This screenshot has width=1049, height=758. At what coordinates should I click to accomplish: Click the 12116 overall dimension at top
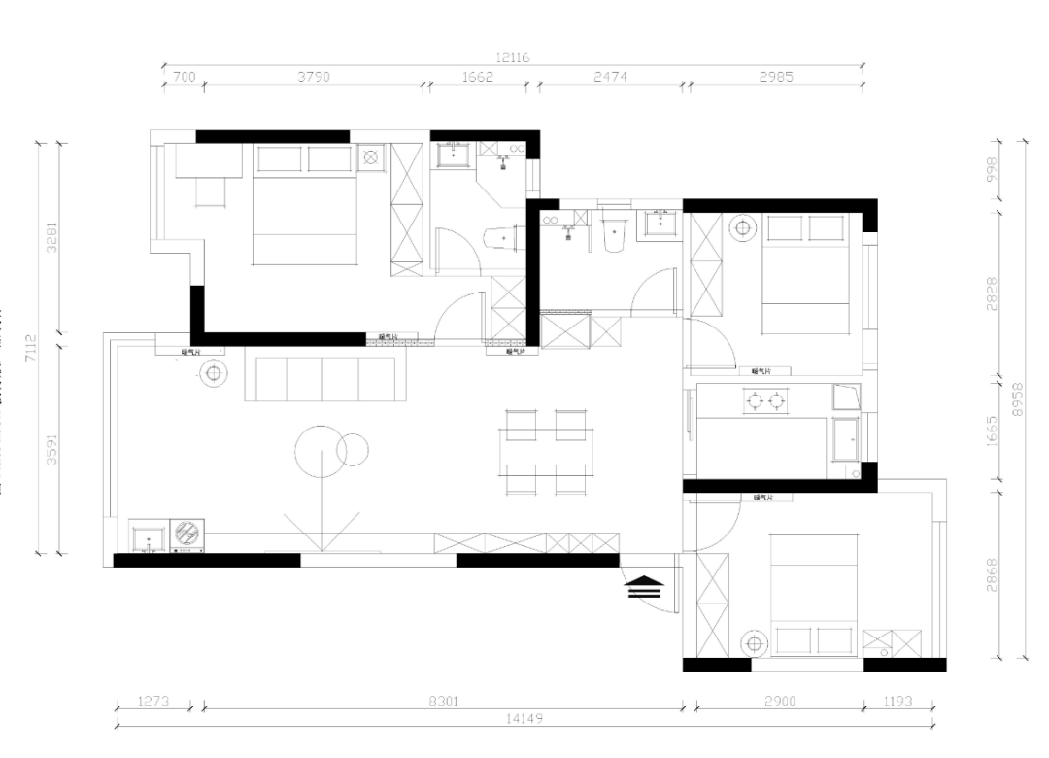point(512,58)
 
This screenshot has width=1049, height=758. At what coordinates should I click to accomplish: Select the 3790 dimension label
point(314,77)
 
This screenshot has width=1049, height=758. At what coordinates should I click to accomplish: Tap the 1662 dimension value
point(477,77)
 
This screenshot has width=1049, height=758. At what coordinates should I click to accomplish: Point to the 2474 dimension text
point(612,77)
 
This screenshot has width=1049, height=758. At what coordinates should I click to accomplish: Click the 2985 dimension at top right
point(776,77)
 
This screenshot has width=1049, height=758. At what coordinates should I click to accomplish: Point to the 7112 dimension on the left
point(31,347)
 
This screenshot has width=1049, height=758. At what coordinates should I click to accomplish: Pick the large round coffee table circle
point(321,452)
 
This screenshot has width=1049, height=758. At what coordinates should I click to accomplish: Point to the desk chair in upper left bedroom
point(211,192)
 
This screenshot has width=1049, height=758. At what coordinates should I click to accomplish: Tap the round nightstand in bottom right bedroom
point(753,642)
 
